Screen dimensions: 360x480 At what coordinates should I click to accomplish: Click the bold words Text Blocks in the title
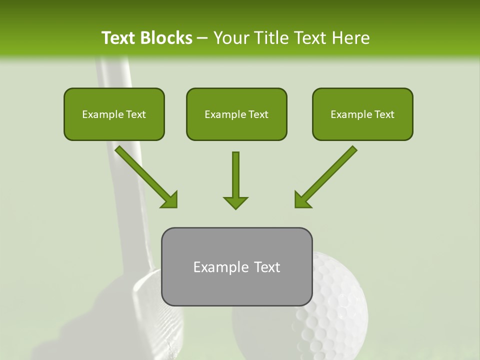146,38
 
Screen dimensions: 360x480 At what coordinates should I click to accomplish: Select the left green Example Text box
114,114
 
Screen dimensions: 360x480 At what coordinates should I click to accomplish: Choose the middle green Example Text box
236,114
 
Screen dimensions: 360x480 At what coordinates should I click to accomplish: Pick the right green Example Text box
362,114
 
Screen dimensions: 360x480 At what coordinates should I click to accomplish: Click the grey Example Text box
236,267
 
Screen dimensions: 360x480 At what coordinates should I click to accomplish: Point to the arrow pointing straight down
235,180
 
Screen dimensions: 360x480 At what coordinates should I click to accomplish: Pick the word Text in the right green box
384,114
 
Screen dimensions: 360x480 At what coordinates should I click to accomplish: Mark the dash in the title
202,38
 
